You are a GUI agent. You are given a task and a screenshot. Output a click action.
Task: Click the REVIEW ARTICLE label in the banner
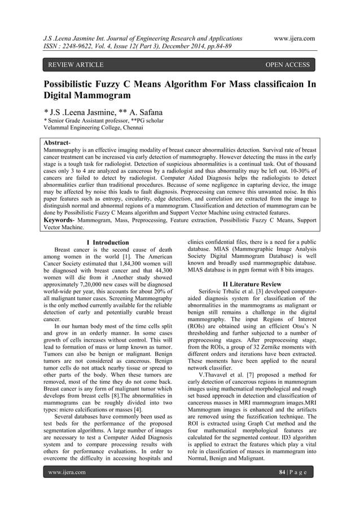(x=76, y=65)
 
